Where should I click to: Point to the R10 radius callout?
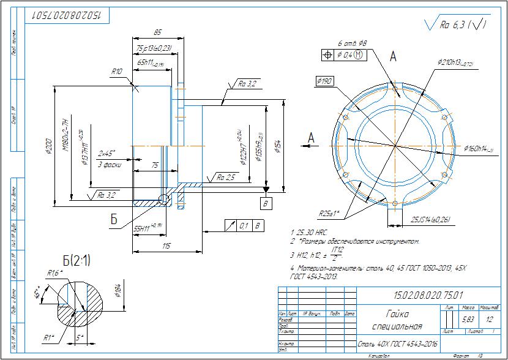(117, 72)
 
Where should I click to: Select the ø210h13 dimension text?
(455, 62)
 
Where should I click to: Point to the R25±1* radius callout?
(329, 214)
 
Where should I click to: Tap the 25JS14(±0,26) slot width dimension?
(431, 219)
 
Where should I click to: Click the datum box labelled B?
(266, 201)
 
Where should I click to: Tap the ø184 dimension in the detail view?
(117, 291)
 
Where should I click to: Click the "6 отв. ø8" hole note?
(352, 43)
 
